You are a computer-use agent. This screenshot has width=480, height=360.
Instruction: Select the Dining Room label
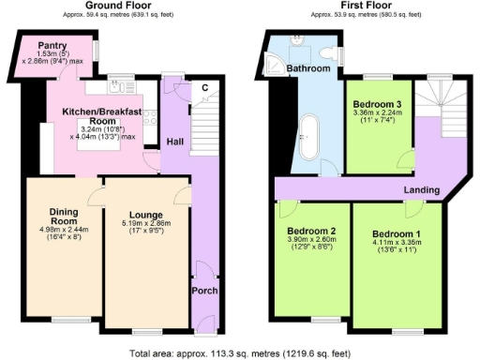(55, 215)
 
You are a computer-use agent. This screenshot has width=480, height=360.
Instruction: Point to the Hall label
(174, 142)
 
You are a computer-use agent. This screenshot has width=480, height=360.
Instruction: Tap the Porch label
(204, 292)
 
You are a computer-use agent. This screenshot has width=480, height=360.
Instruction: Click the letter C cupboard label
(203, 88)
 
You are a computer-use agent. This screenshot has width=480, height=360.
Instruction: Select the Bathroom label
(308, 69)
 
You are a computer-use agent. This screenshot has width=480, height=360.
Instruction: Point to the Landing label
(422, 191)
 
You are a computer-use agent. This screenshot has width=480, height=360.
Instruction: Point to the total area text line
(240, 352)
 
